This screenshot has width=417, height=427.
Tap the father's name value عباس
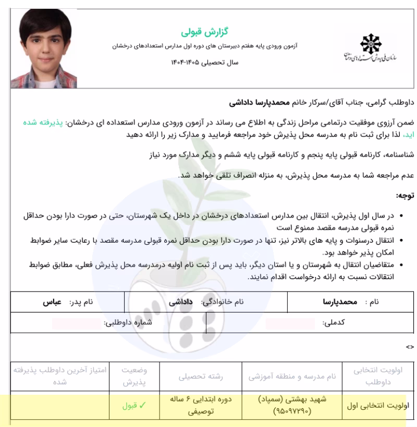point(52,301)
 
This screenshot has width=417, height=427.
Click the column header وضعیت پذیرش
point(134,376)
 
